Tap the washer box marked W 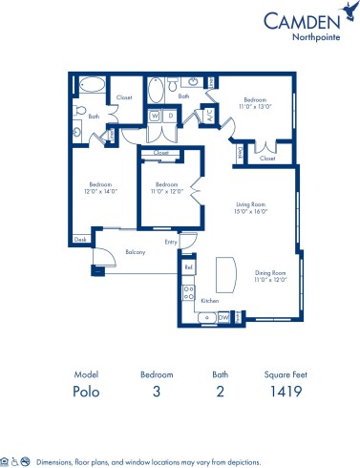point(153,116)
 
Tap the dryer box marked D point(169,116)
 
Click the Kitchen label point(208,301)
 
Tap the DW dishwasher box point(222,316)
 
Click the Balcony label point(136,253)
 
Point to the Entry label point(170,242)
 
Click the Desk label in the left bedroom point(80,239)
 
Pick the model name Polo point(86,391)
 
